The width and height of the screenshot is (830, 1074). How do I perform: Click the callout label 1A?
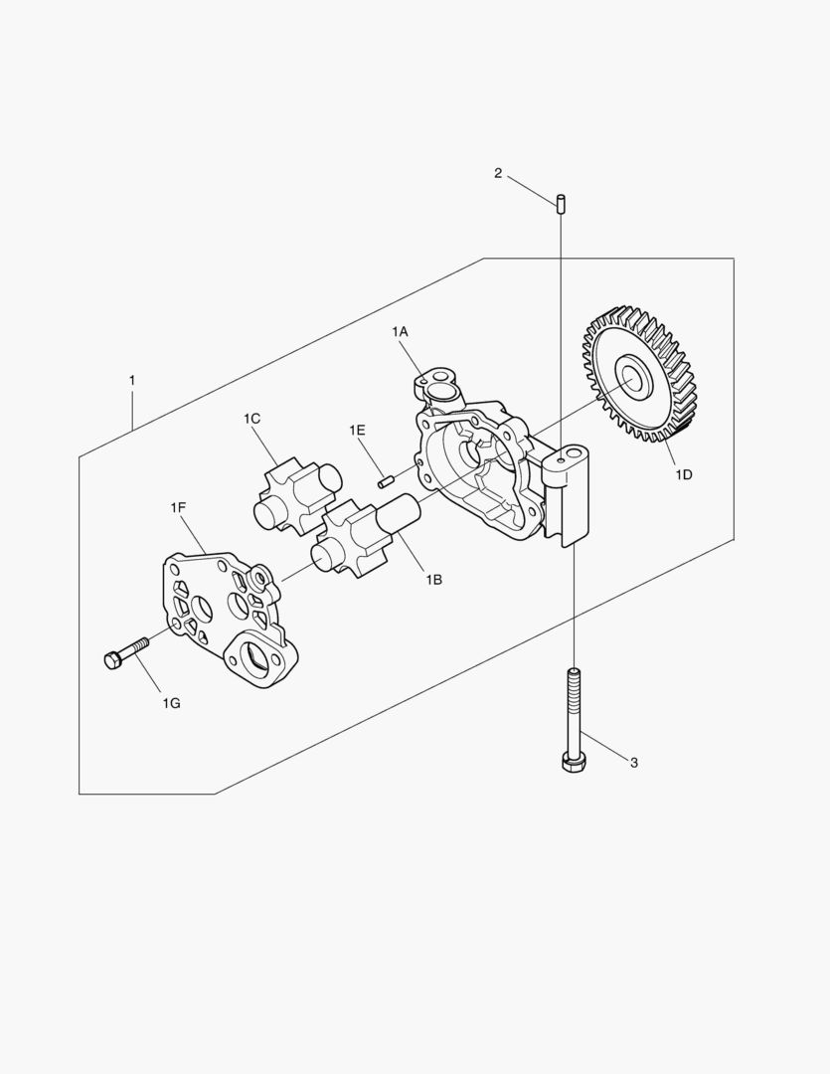(x=400, y=332)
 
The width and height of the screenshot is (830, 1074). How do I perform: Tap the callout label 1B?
(x=433, y=580)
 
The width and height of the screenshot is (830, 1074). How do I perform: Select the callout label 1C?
(x=251, y=419)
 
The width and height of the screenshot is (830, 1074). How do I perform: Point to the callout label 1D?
(x=684, y=474)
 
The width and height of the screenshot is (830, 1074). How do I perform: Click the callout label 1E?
(x=357, y=431)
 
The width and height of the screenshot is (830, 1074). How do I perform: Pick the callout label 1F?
(x=178, y=507)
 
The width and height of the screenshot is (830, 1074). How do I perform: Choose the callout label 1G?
(x=171, y=703)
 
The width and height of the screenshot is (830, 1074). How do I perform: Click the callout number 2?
(x=498, y=173)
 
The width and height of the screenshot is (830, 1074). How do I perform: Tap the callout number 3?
(x=634, y=763)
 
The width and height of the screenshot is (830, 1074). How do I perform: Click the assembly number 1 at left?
(x=132, y=380)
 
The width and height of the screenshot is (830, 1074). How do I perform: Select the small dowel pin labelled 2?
(x=561, y=204)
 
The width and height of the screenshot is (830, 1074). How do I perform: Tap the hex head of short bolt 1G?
(x=113, y=660)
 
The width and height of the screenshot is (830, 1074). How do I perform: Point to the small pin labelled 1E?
(x=385, y=481)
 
